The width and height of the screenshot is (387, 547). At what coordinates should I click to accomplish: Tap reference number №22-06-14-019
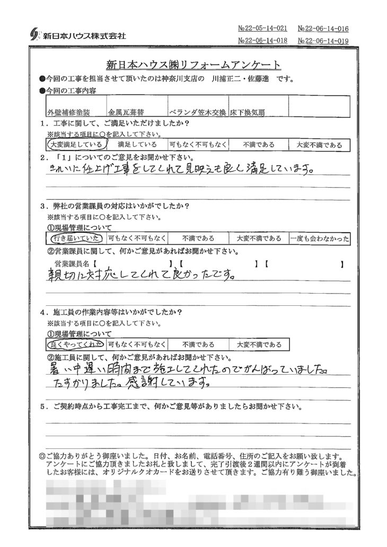(x=323, y=41)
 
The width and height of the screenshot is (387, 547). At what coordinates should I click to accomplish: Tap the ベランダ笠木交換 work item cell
(x=198, y=112)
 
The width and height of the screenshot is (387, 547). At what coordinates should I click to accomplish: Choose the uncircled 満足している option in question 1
(x=137, y=144)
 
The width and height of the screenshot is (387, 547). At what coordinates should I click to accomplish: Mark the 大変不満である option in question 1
(x=319, y=144)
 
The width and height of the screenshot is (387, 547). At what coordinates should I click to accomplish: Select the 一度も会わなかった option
(x=320, y=239)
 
